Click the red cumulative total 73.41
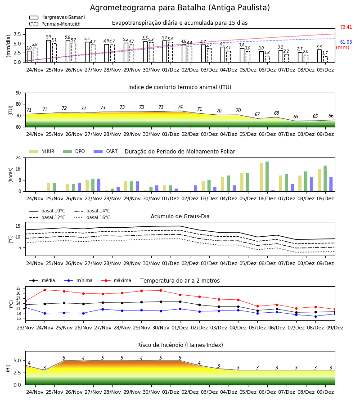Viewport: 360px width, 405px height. (346, 27)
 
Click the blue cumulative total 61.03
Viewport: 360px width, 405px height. (346, 42)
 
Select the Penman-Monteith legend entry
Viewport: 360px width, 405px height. (55, 24)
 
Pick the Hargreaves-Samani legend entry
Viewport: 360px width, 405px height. (57, 17)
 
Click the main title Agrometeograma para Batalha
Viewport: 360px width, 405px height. (180, 8)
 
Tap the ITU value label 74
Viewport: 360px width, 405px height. (180, 107)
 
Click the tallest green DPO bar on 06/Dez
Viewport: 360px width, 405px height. (267, 176)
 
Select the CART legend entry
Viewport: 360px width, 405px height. (106, 151)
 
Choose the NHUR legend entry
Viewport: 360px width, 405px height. (42, 151)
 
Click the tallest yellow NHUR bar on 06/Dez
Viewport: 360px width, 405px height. (261, 177)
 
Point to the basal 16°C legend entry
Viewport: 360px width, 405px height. (92, 217)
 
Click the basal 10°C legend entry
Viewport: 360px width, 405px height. (47, 211)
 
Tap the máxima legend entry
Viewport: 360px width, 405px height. (116, 280)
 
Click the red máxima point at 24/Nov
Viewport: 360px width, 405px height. (45, 290)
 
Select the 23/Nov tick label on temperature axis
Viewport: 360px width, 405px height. (25, 328)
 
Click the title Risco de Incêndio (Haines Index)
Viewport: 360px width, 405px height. (180, 345)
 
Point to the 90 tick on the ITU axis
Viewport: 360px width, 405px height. (18, 93)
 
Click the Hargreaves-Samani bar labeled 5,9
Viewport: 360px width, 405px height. (49, 51)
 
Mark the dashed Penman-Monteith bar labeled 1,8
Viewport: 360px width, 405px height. (267, 59)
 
